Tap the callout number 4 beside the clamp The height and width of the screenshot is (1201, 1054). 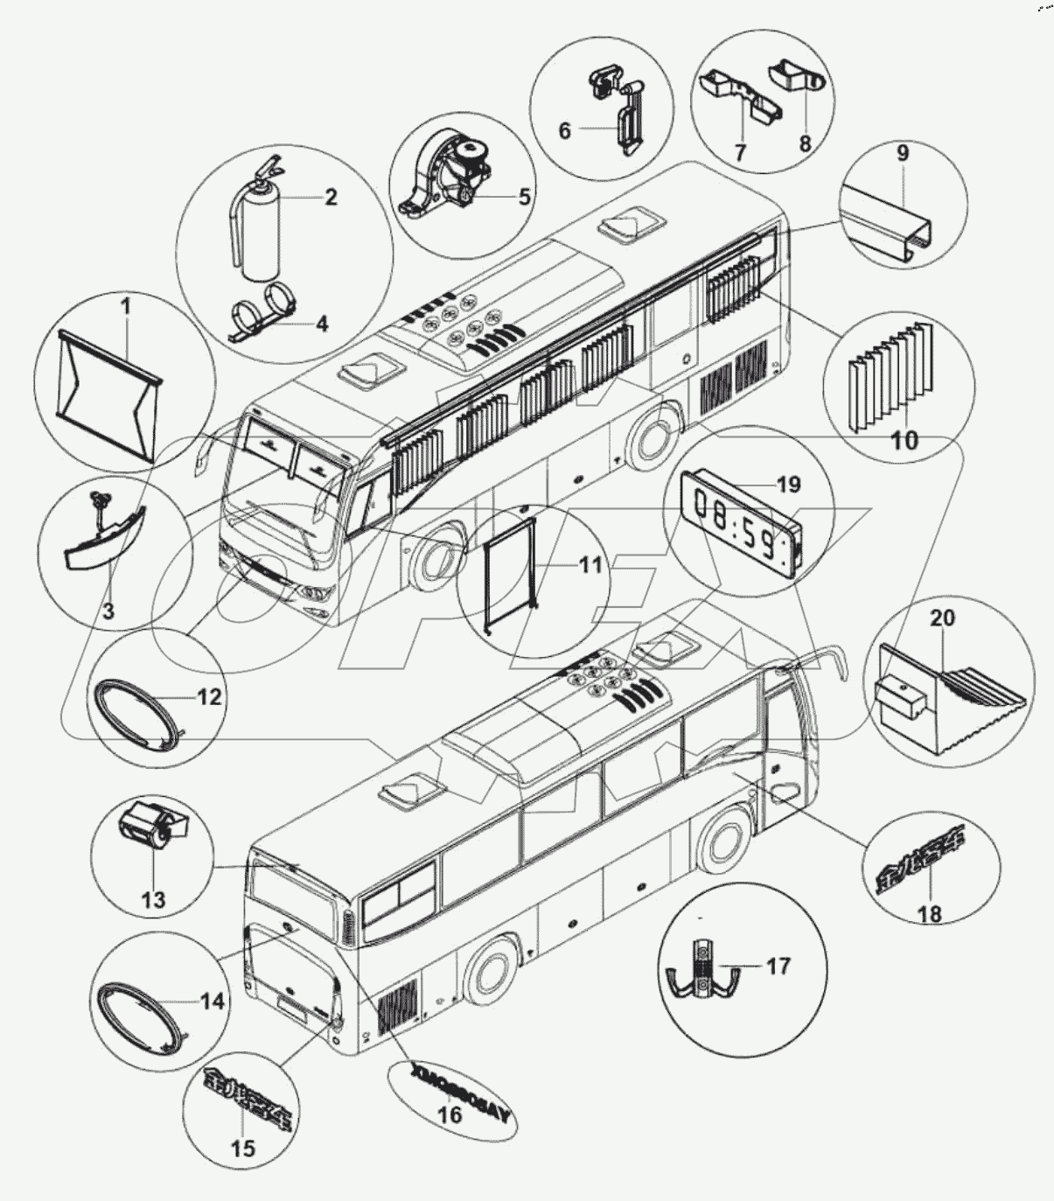[x=322, y=325]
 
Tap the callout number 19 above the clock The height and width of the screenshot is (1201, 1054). [x=789, y=484]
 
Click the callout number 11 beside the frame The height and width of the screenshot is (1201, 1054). [x=591, y=564]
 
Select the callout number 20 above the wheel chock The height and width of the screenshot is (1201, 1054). [x=942, y=618]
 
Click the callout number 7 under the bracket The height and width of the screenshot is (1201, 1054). [x=740, y=152]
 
